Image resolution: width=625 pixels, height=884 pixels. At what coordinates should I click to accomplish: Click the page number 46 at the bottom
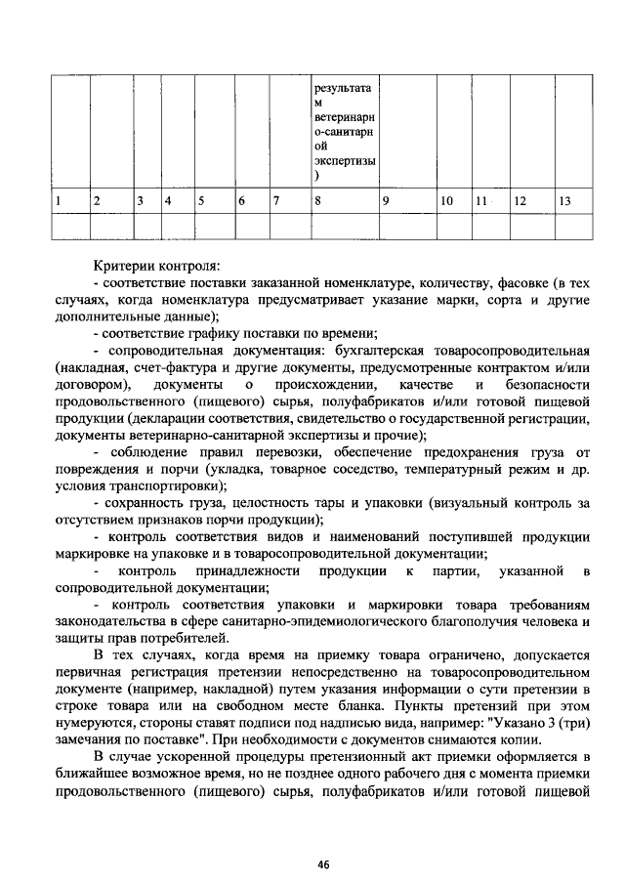[323, 864]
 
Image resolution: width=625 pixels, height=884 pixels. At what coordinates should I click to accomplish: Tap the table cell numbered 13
[573, 201]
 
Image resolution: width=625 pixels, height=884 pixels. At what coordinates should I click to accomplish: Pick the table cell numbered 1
[70, 201]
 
